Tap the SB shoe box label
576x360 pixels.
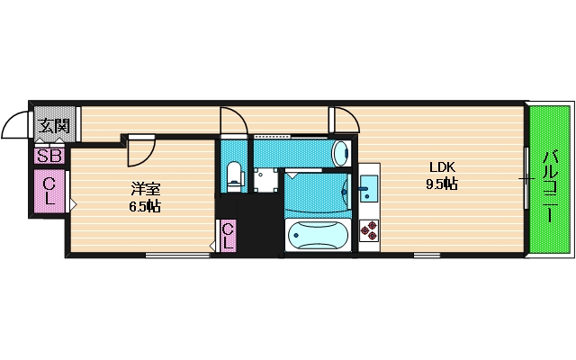pos(49,156)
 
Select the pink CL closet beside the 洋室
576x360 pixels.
pos(49,192)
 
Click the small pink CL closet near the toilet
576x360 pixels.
pos(228,236)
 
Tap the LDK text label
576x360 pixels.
pos(442,167)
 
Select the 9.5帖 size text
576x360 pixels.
pos(442,184)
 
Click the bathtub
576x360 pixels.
pos(316,236)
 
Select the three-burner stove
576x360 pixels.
pos(369,232)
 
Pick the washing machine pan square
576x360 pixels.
pos(265,180)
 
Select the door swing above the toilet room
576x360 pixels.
pos(231,121)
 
